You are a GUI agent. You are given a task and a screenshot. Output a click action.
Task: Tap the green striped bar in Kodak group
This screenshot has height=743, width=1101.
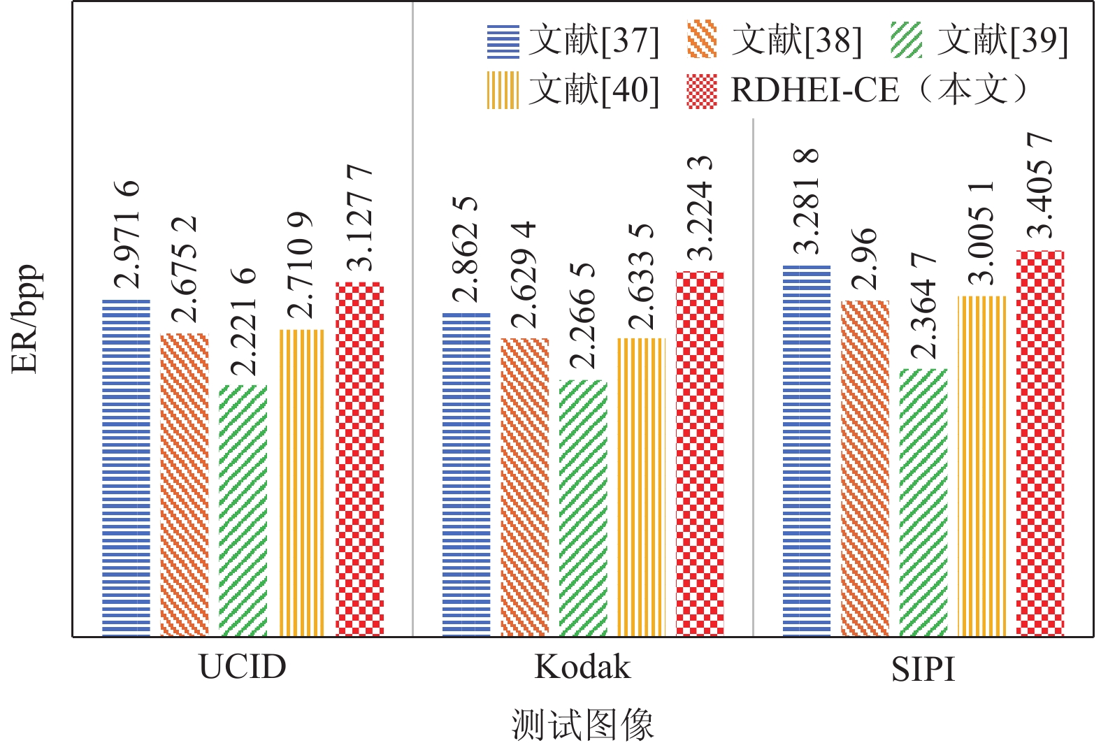click(x=584, y=508)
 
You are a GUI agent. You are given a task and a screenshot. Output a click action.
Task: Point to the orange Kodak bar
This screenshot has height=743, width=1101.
click(x=525, y=487)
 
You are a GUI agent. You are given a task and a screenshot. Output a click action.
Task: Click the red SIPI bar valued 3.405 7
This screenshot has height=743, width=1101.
click(x=1040, y=443)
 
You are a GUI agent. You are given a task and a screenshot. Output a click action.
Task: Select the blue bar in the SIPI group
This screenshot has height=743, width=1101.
click(x=807, y=451)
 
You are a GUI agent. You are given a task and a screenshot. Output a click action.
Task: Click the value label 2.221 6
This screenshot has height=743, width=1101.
click(x=243, y=323)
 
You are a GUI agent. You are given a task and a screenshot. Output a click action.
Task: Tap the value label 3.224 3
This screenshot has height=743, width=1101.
click(x=699, y=208)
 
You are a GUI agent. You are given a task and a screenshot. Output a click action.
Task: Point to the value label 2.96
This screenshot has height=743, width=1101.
click(x=865, y=259)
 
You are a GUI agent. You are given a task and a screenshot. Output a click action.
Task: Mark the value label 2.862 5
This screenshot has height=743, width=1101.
click(x=466, y=250)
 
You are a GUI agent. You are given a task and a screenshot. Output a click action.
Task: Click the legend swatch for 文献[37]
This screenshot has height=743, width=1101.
click(x=503, y=41)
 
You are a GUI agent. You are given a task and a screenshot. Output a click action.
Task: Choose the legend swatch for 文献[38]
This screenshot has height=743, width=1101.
click(x=702, y=40)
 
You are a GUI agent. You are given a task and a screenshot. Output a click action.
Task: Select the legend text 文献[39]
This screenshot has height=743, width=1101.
click(x=1002, y=40)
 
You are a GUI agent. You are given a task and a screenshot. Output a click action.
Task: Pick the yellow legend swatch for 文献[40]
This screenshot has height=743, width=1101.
click(x=503, y=90)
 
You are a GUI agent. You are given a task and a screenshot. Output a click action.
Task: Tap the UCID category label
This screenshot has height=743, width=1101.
click(x=243, y=667)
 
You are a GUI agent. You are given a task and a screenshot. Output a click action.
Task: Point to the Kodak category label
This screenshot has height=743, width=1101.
click(x=582, y=667)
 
